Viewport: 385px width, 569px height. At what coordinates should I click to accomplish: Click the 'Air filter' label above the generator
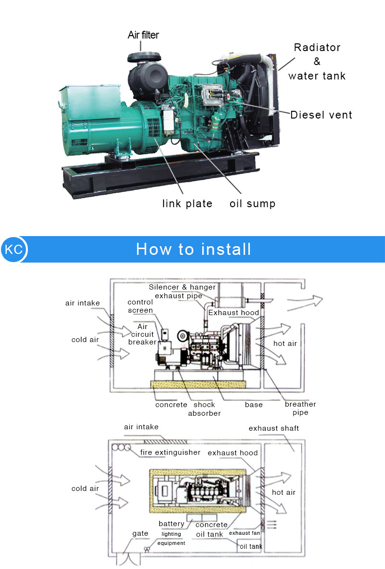tap(143, 35)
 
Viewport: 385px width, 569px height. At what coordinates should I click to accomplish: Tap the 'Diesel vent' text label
tap(321, 115)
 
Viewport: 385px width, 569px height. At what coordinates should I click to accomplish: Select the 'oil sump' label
tap(252, 204)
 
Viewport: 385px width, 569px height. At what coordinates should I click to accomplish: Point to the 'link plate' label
tap(187, 204)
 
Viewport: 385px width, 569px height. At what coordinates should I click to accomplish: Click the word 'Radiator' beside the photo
tap(317, 48)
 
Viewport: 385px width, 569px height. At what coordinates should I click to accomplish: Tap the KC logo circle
tap(13, 250)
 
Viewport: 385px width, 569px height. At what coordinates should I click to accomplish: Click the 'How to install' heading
tap(193, 249)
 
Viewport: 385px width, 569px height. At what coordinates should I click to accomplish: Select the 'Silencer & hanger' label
tap(182, 287)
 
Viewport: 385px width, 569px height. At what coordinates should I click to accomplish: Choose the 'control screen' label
tap(140, 306)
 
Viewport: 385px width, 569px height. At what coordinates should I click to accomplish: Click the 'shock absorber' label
tap(204, 409)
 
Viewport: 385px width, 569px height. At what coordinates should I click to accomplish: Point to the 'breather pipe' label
tap(300, 409)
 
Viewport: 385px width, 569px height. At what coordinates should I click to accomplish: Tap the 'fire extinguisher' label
tap(170, 452)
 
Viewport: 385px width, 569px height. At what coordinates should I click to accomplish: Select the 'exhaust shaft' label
tap(273, 428)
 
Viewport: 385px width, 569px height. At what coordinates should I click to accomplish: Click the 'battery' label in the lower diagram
tap(171, 524)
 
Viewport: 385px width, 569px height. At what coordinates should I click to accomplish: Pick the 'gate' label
tap(140, 534)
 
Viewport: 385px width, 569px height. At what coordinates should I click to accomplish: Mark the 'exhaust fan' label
tap(246, 533)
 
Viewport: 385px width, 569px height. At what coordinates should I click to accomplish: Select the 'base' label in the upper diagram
tap(254, 405)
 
